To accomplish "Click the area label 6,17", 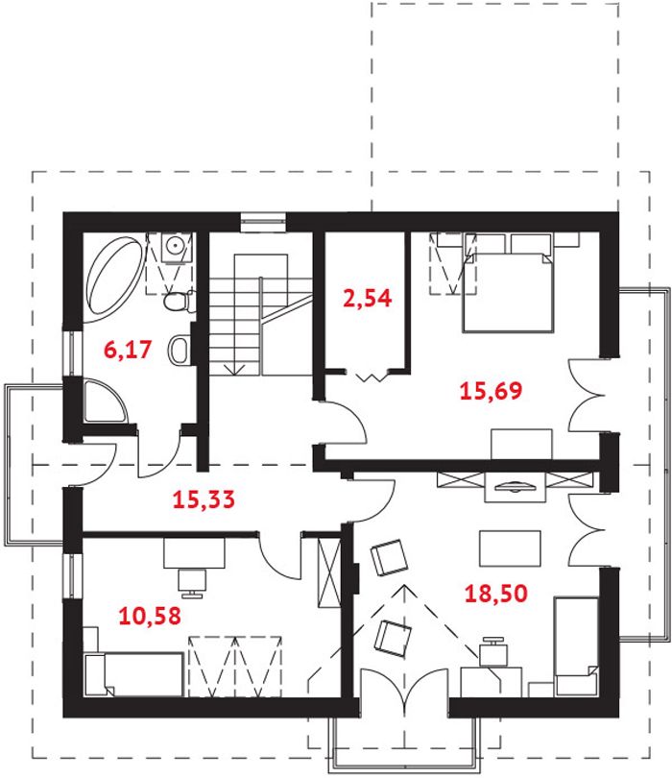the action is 128,350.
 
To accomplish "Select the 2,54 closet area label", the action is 368,298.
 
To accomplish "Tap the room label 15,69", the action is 491,391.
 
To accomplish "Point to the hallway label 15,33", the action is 204,499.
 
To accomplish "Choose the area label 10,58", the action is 150,616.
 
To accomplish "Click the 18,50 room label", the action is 496,594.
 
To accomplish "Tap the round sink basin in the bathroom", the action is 175,245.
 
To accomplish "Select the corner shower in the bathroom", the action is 106,401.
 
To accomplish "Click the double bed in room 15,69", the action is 508,292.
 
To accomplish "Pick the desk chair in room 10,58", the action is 191,583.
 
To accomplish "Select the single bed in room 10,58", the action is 133,675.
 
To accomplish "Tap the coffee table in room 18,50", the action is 510,547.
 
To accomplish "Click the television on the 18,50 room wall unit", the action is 516,486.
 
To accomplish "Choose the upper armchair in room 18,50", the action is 390,557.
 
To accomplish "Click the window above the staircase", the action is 263,222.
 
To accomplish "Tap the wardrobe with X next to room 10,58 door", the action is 329,572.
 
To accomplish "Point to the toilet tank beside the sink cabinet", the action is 191,302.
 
